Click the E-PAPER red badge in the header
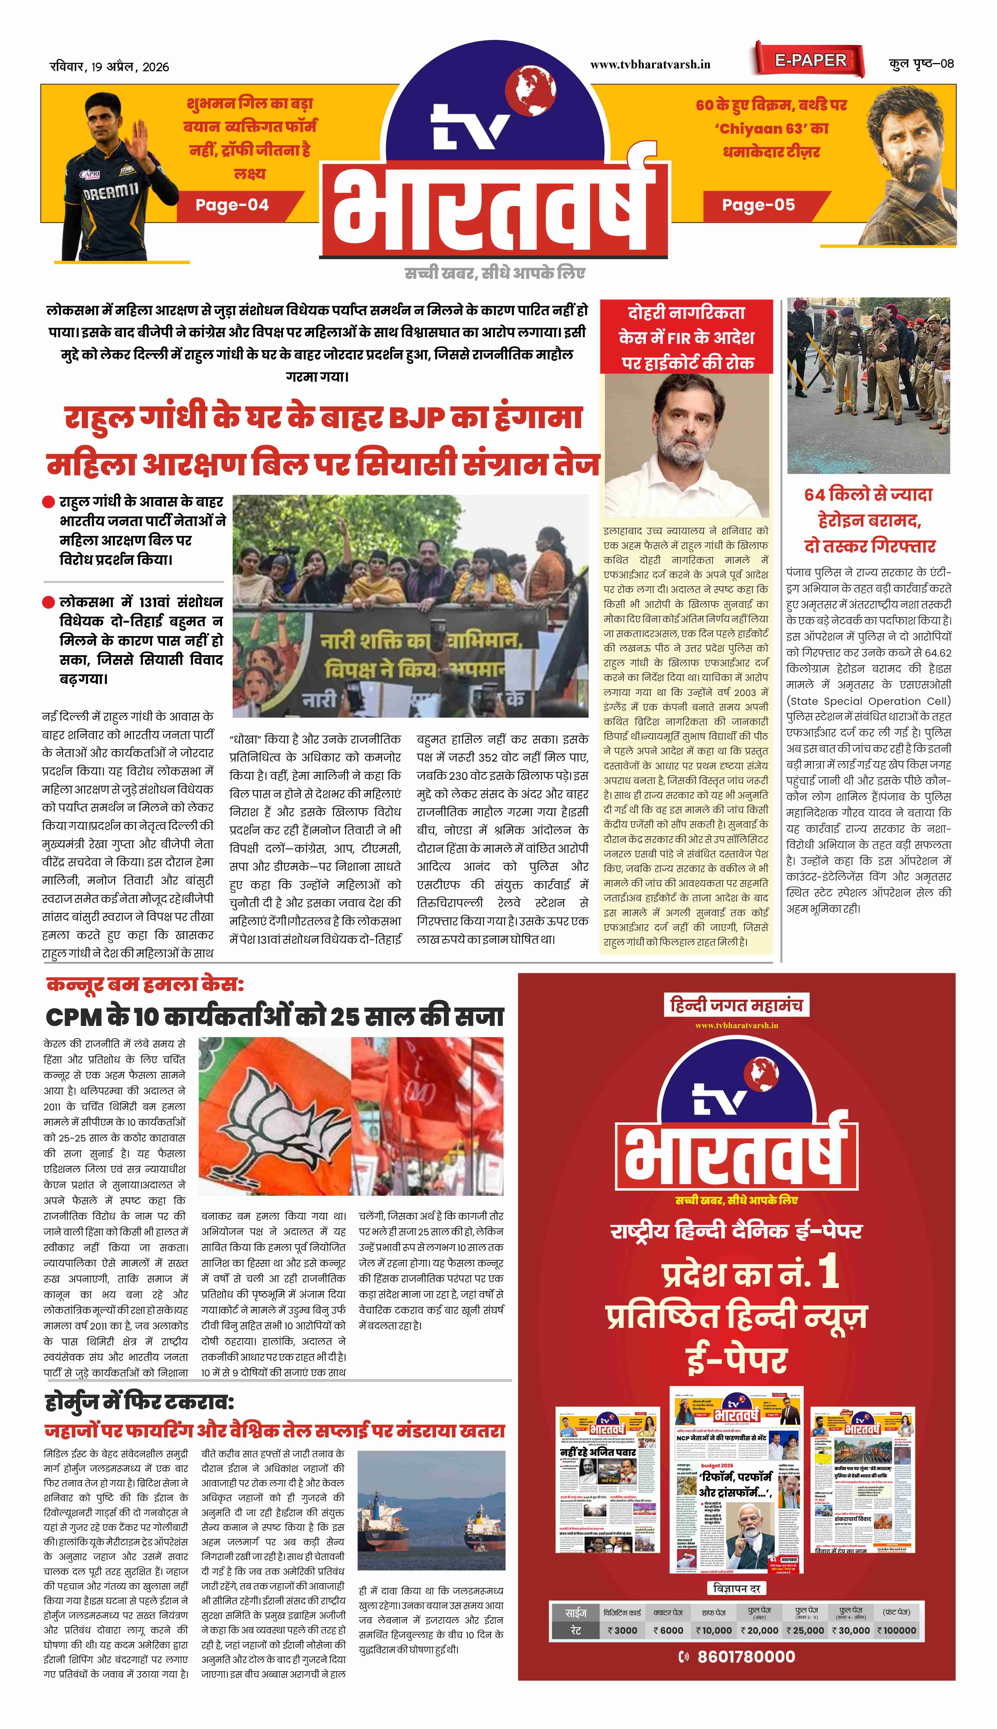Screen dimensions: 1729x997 [810, 60]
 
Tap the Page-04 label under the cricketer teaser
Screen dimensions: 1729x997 [232, 205]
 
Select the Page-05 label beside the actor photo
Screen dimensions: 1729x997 [758, 205]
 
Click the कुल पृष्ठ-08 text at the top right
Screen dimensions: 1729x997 [921, 64]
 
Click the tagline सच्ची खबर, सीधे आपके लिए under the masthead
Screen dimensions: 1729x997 [494, 273]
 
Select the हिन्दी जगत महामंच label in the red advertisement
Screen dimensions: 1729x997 [736, 1005]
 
